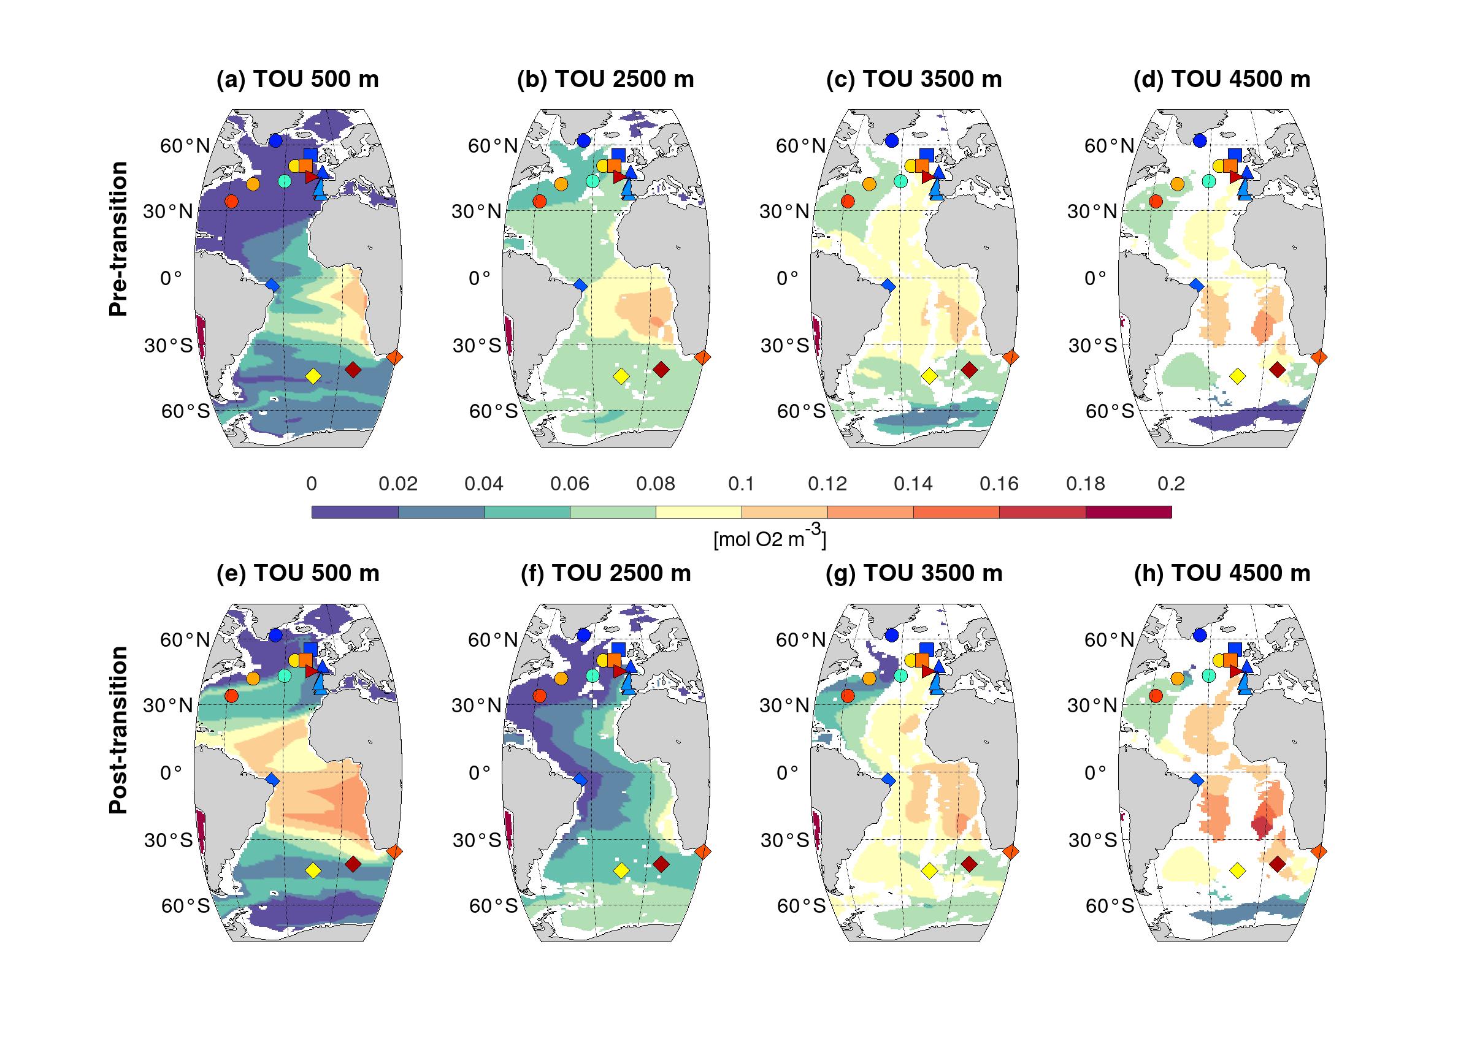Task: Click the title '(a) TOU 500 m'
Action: (x=297, y=79)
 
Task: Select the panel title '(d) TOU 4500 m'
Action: (x=1222, y=79)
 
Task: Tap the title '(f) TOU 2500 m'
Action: (x=605, y=573)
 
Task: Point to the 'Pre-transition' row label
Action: (x=118, y=239)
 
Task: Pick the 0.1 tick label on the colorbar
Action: (x=741, y=484)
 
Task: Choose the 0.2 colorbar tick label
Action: (x=1171, y=484)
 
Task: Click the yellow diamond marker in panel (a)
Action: (x=313, y=376)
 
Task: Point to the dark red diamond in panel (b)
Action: (x=661, y=370)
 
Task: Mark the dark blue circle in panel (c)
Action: (x=892, y=140)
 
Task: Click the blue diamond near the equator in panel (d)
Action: (x=1196, y=285)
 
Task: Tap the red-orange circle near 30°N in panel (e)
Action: (x=231, y=695)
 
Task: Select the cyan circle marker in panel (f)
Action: (x=592, y=676)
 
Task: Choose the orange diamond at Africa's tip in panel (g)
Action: (x=1011, y=851)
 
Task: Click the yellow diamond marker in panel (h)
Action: (x=1237, y=870)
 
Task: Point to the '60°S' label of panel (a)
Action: (x=185, y=411)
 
